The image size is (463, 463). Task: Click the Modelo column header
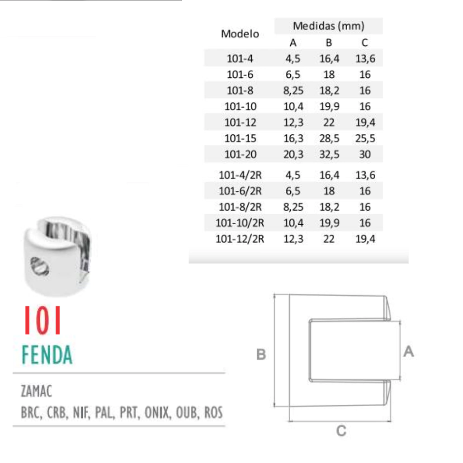pyautogui.click(x=240, y=33)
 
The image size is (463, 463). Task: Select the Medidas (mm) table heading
pyautogui.click(x=328, y=26)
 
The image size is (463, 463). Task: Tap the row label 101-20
pyautogui.click(x=241, y=154)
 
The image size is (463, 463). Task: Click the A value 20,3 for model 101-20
pyautogui.click(x=293, y=154)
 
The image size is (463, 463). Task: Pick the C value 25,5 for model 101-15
pyautogui.click(x=365, y=138)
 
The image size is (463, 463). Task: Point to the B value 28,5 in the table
pyautogui.click(x=329, y=138)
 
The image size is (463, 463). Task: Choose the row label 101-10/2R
pyautogui.click(x=240, y=222)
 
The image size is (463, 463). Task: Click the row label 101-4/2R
pyautogui.click(x=240, y=175)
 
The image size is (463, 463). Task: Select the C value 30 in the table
pyautogui.click(x=365, y=154)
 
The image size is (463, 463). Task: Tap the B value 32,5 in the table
pyautogui.click(x=329, y=154)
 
